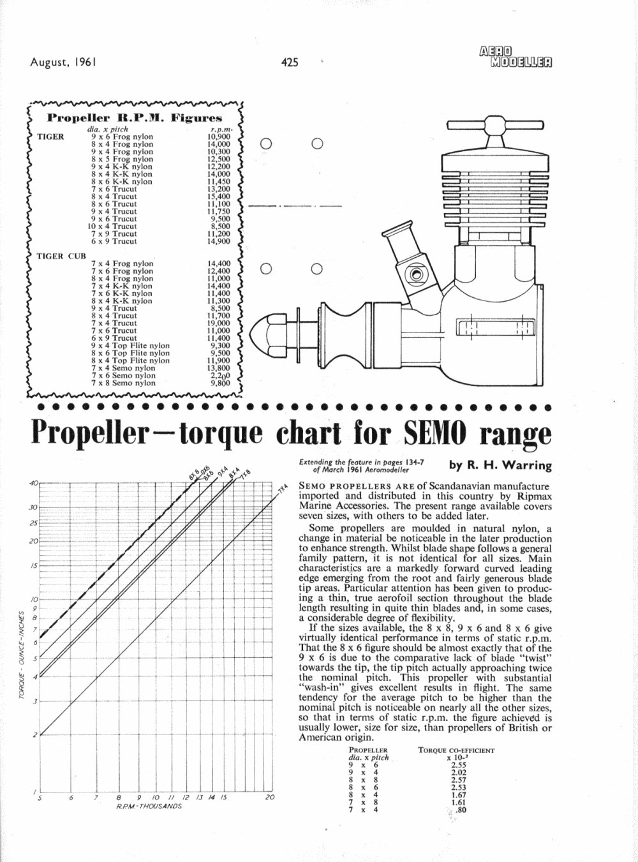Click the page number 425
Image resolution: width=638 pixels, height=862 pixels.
pos(289,63)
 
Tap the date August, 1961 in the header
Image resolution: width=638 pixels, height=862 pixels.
pos(63,63)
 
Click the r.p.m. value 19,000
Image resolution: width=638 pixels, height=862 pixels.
pos(218,323)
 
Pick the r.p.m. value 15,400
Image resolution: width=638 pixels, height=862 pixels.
pos(218,197)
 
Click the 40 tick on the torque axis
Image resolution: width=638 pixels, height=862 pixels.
pos(34,483)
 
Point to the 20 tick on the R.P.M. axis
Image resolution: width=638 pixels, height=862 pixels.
pos(270,798)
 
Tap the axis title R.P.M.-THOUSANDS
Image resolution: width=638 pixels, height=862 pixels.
pos(149,806)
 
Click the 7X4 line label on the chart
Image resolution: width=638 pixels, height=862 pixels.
pos(283,490)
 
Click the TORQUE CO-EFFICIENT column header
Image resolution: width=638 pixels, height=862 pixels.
pos(456,750)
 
